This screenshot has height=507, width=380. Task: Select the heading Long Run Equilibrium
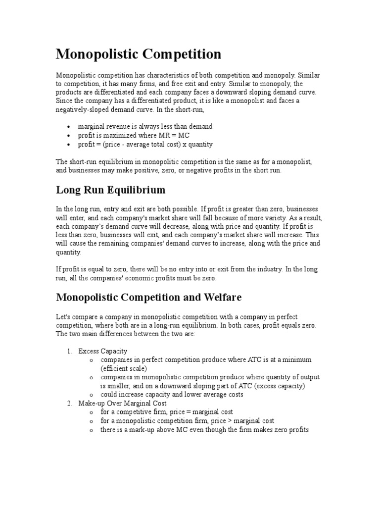click(x=110, y=190)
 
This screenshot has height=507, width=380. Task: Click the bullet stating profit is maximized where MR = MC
click(x=134, y=135)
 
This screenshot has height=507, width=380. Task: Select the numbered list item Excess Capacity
click(x=103, y=351)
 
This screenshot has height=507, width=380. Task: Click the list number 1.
click(x=69, y=351)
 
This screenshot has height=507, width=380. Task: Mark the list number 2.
click(x=69, y=404)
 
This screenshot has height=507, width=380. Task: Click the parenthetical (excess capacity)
click(x=280, y=386)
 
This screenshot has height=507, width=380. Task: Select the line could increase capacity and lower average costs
click(x=172, y=395)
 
